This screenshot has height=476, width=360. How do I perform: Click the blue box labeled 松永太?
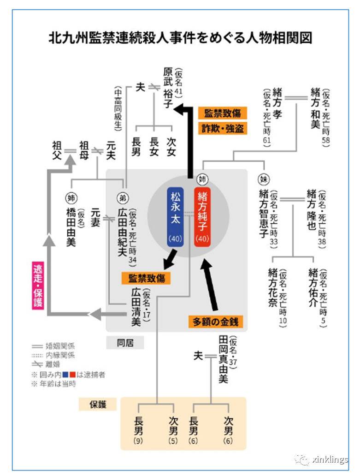(x=176, y=217)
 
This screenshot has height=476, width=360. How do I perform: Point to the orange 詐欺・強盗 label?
(x=223, y=128)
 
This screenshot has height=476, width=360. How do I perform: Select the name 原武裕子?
(x=169, y=88)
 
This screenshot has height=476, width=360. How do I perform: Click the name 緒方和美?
(x=315, y=107)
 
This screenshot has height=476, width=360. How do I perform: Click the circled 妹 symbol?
(x=264, y=179)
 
